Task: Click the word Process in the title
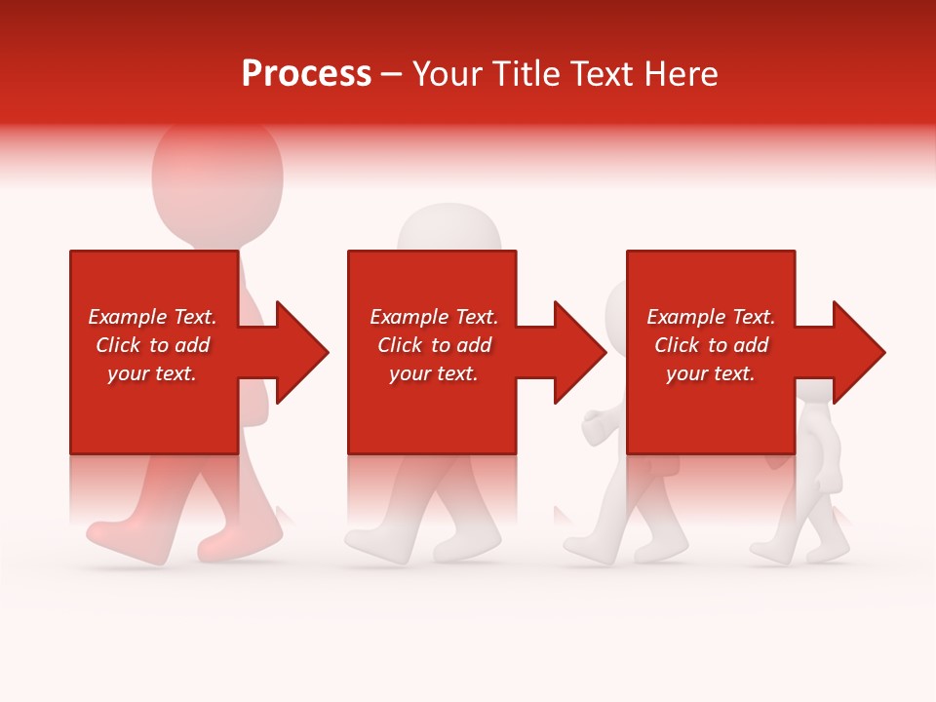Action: coord(306,74)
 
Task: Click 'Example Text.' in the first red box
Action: coord(152,317)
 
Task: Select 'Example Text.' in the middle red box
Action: coord(434,317)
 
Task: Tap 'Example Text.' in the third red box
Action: coord(711,317)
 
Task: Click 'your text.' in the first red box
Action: coord(152,373)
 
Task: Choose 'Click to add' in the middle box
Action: coord(434,345)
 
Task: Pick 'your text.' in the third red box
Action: coord(711,373)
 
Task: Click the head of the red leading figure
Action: coord(217,175)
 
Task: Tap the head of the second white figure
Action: coord(449,229)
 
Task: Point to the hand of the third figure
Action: coord(594,427)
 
